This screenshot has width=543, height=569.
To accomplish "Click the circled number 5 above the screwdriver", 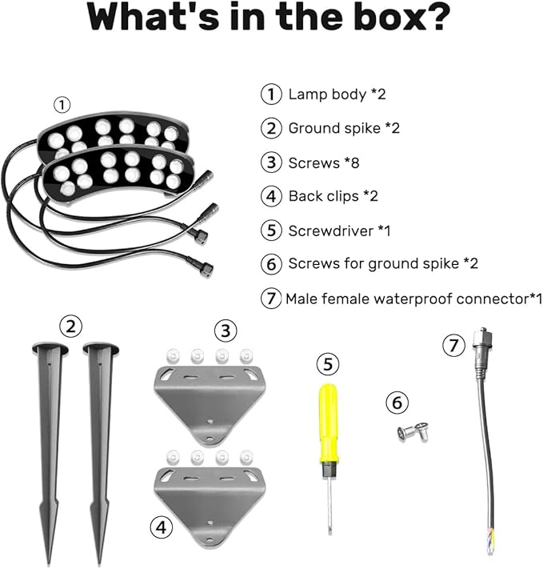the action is tap(328, 364).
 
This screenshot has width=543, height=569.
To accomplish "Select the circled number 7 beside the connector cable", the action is tap(453, 345).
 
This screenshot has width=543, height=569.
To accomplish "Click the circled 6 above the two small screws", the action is tap(397, 403).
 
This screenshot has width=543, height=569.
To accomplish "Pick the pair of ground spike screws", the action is tap(413, 432).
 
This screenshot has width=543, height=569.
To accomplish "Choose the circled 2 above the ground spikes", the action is tap(70, 326).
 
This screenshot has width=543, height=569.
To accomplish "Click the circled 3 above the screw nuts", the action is tap(226, 331).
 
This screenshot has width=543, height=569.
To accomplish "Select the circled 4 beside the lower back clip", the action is tap(161, 527).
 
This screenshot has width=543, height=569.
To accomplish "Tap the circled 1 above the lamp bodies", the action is tap(62, 105).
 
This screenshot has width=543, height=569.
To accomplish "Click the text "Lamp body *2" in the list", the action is tap(337, 94).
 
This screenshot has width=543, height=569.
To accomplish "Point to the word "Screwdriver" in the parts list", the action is tap(331, 230).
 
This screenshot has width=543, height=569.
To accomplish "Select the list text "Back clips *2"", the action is tap(333, 196).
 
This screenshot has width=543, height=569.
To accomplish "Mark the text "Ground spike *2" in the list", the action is tap(344, 128).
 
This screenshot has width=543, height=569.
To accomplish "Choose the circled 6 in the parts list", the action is tap(271, 264).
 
